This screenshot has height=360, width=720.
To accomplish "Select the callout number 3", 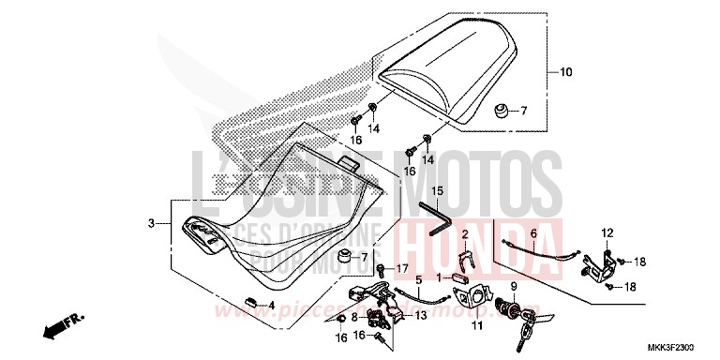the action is tap(150, 223).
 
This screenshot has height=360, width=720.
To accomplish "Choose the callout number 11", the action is tap(477, 325).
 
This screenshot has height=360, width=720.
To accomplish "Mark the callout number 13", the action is tap(420, 316).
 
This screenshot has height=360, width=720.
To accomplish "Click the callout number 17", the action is tap(403, 269).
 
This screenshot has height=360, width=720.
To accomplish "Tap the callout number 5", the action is tap(419, 278).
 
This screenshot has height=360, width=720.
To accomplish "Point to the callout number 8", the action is tap(355, 317).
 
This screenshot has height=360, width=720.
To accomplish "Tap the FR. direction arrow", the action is tap(56, 327).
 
